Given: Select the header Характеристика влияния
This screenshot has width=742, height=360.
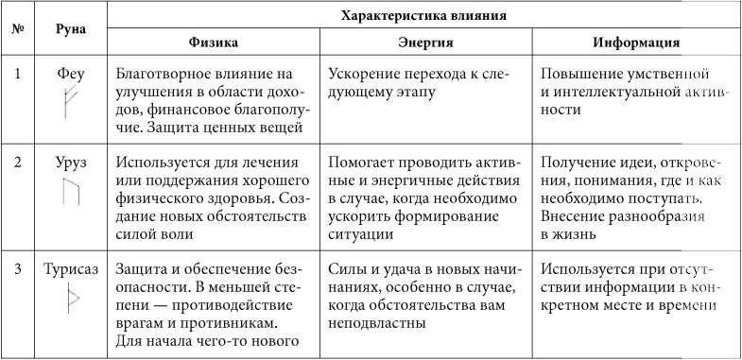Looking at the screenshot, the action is point(422,15).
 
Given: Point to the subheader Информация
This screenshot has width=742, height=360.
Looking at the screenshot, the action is point(637,43).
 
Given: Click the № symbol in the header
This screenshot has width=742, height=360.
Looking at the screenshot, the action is point(18,29).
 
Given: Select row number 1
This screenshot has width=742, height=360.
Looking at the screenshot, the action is point(18,73).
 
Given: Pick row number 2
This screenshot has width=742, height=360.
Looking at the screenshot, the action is point(18,163).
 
